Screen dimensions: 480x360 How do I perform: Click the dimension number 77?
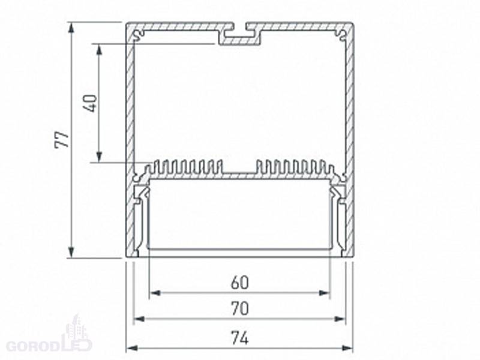click(x=62, y=140)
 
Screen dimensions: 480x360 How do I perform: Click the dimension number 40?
click(x=91, y=103)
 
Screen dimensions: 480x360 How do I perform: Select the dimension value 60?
click(x=239, y=283)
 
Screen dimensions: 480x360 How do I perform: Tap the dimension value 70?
click(x=239, y=308)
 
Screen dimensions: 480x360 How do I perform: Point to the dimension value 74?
click(x=239, y=338)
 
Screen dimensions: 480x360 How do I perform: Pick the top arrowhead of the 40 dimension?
click(x=99, y=50)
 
